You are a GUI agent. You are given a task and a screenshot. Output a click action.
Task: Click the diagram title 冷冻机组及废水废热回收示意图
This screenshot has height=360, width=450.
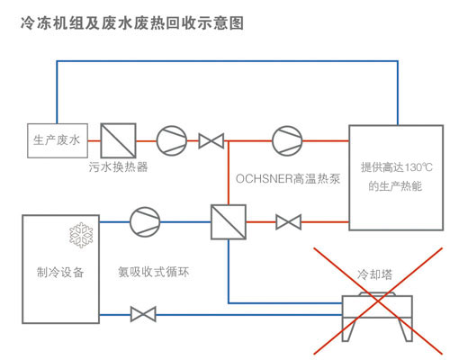pyautogui.click(x=132, y=23)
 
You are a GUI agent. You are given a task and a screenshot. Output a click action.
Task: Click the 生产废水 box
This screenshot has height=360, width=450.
pyautogui.click(x=58, y=140)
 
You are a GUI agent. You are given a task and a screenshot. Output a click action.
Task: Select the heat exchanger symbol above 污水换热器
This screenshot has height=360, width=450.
pyautogui.click(x=118, y=140)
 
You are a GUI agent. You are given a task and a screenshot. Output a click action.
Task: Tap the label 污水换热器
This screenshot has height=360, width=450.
pyautogui.click(x=118, y=166)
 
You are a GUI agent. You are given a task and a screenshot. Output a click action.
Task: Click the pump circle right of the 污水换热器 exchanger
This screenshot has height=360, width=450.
pyautogui.click(x=172, y=140)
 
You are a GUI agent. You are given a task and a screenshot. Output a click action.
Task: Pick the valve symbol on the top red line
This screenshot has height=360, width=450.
pyautogui.click(x=211, y=140)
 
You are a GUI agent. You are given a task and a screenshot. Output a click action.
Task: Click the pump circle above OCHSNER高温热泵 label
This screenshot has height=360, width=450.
pyautogui.click(x=287, y=140)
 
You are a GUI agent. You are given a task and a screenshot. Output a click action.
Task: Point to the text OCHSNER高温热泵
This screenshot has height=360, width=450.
pyautogui.click(x=288, y=179)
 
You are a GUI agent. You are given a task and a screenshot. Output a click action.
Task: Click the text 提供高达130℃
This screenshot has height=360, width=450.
pyautogui.click(x=397, y=167)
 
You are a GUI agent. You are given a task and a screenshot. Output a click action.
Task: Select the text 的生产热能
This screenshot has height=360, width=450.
pyautogui.click(x=395, y=186)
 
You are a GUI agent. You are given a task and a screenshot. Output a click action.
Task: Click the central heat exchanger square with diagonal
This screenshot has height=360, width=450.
pyautogui.click(x=229, y=222)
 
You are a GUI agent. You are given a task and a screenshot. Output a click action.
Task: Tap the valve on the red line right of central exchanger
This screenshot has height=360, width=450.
pyautogui.click(x=288, y=222)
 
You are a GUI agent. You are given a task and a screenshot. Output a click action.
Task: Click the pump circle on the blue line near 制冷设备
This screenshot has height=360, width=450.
pyautogui.click(x=145, y=222)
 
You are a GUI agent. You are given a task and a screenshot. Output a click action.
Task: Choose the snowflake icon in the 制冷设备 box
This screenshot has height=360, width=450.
pyautogui.click(x=81, y=235)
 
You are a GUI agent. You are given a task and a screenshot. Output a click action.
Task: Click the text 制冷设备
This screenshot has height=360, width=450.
pyautogui.click(x=60, y=273)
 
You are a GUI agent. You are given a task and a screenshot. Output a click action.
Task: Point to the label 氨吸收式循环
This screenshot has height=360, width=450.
pyautogui.click(x=154, y=272)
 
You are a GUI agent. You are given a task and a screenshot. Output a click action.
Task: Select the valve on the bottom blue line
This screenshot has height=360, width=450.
pyautogui.click(x=143, y=314)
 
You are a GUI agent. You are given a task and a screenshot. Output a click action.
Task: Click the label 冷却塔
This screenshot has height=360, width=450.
pyautogui.click(x=374, y=274)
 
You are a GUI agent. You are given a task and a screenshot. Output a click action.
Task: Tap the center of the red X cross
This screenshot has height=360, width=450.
pyautogui.click(x=378, y=301)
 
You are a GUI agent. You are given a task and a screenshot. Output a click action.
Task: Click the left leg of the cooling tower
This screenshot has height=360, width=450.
pyautogui.click(x=349, y=329)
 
